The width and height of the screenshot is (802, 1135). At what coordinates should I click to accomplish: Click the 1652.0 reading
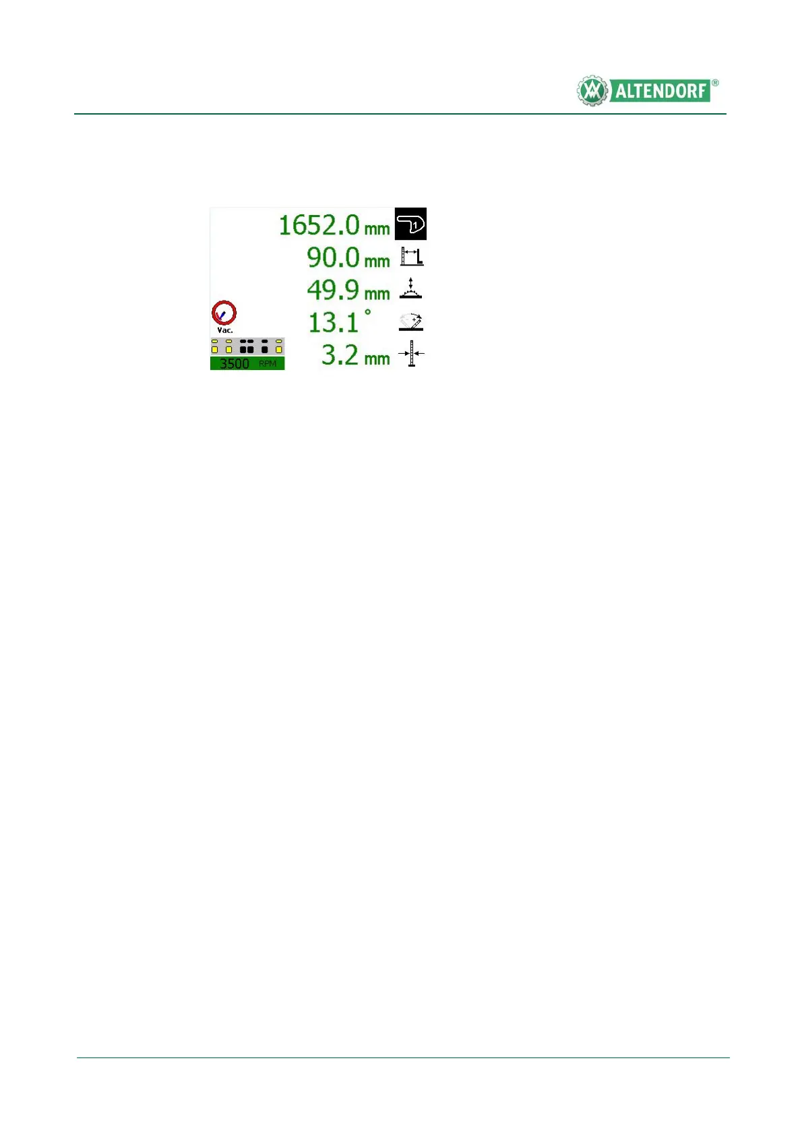pos(319,225)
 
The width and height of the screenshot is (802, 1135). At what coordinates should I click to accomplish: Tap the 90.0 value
pos(333,257)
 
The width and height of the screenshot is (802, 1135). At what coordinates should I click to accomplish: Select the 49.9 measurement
pos(333,290)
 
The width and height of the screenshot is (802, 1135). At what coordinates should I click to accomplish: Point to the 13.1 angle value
pos(333,322)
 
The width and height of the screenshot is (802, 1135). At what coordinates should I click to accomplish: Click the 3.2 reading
pos(340,355)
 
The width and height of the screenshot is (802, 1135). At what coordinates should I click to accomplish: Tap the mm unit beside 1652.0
pos(377,229)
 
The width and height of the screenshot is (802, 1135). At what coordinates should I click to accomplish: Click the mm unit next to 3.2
pos(377,359)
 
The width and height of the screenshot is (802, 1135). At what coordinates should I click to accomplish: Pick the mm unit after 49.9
pos(377,294)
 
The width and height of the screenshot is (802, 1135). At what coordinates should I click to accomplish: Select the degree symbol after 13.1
pos(368,313)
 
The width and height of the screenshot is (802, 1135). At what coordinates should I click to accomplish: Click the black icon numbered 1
pos(410,224)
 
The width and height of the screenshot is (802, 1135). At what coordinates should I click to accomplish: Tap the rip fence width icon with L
pos(412,257)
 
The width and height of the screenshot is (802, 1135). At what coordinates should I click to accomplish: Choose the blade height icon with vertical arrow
pos(410,288)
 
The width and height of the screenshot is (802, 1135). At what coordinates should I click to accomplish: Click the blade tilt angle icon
pos(410,321)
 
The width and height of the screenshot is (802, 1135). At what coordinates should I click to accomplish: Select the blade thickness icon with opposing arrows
pos(411,353)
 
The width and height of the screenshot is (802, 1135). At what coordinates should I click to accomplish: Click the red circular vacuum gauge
pos(224,313)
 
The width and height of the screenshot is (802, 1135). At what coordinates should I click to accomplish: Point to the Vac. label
pos(225,330)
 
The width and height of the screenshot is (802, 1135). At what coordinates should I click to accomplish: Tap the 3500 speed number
pos(235,364)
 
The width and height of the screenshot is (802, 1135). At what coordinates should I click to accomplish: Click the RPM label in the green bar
pos(268,364)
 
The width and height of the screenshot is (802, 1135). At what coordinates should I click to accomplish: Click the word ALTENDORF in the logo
pos(660,91)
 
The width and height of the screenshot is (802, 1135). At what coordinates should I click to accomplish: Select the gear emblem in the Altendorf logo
pos(592,90)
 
